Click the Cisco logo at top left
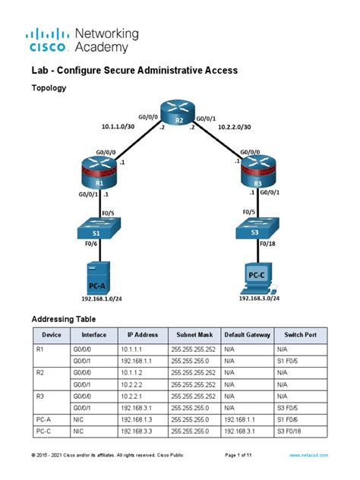click(x=50, y=39)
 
